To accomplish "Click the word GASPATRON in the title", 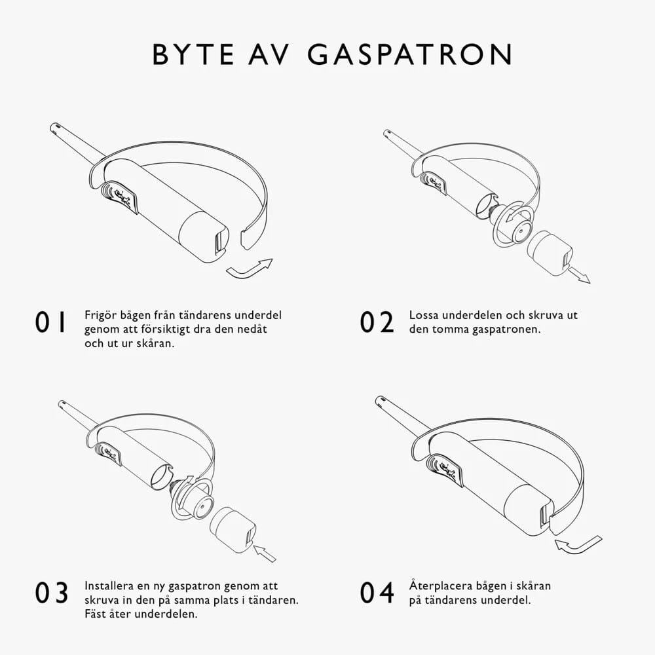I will (x=410, y=55).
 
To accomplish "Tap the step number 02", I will (x=377, y=322).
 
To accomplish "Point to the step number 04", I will (x=377, y=592).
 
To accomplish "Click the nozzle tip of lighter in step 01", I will (x=56, y=126).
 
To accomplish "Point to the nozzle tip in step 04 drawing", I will (x=381, y=400).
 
